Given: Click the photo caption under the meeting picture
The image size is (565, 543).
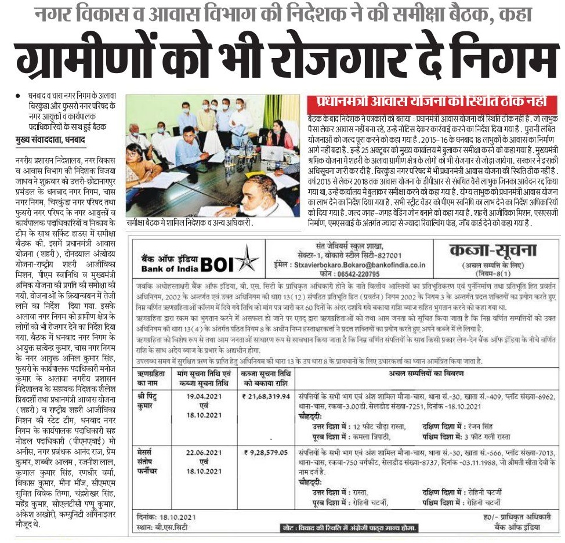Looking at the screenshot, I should pyautogui.click(x=193, y=222).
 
